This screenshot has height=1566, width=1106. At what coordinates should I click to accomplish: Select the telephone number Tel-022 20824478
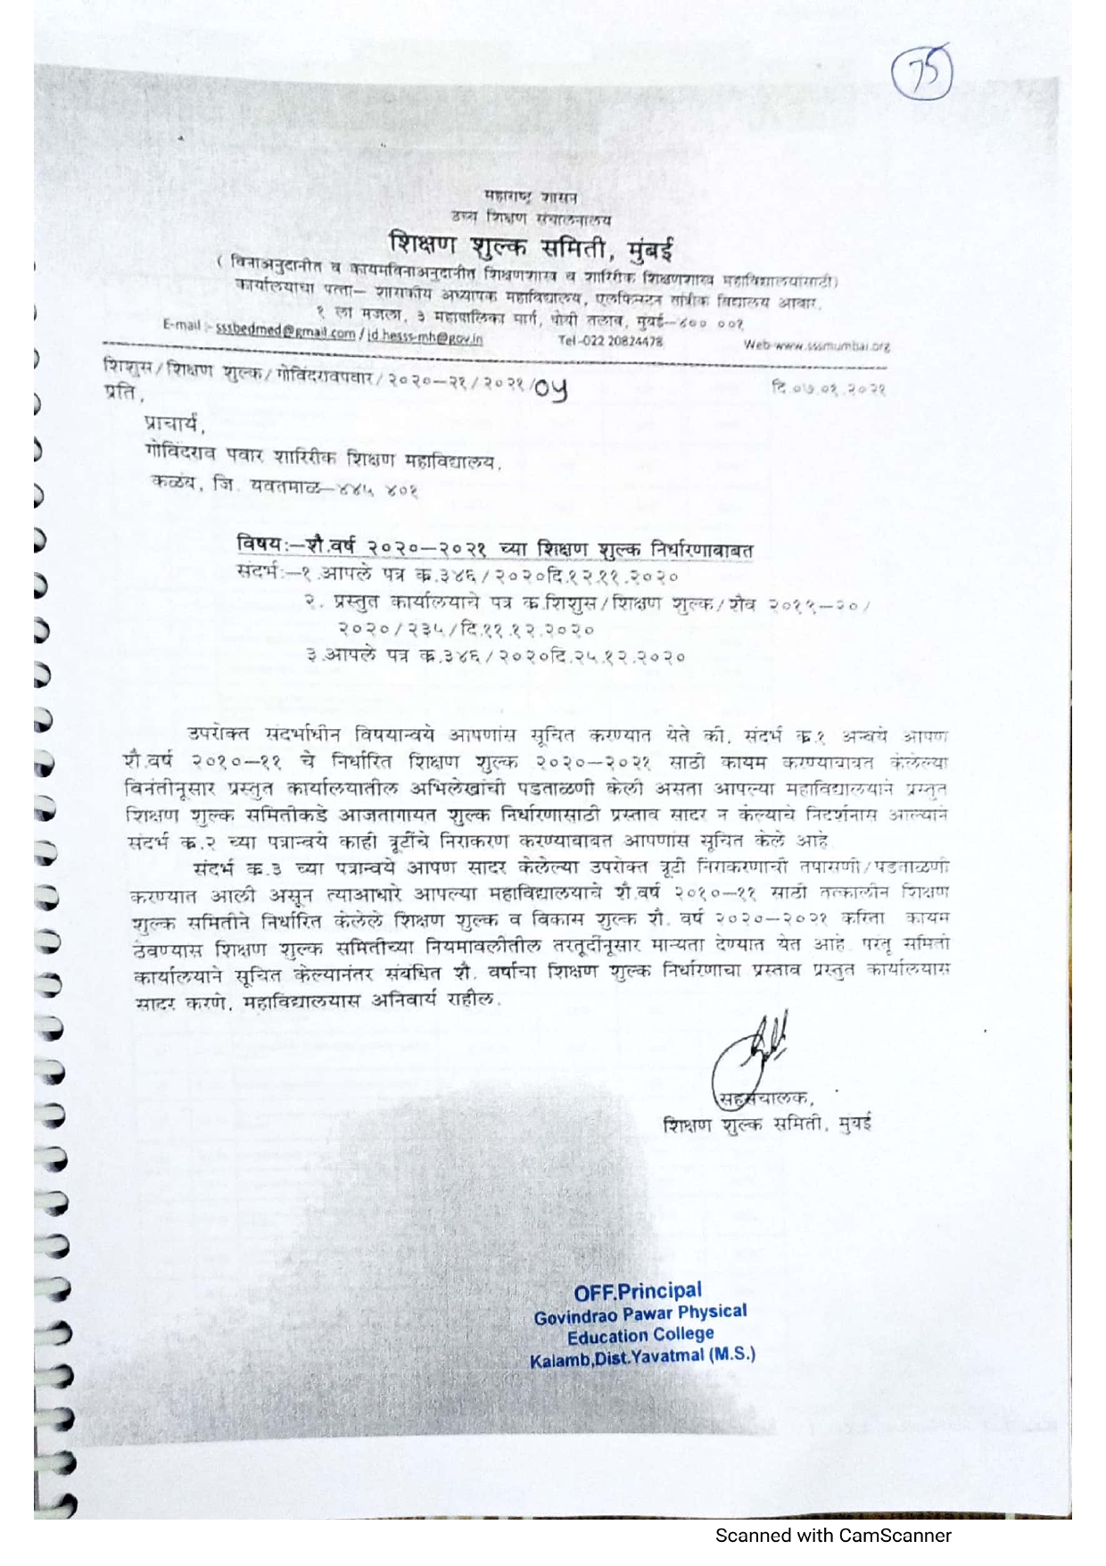click(x=610, y=340)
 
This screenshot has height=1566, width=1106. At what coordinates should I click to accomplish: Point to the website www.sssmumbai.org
click(x=816, y=345)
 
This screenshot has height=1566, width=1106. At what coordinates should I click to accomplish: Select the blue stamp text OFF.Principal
click(x=638, y=1291)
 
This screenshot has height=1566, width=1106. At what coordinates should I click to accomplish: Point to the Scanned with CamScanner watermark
click(x=833, y=1536)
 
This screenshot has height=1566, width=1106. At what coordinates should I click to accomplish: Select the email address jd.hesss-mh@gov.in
click(x=425, y=338)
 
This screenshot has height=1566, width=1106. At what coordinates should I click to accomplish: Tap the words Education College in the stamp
click(x=640, y=1335)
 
